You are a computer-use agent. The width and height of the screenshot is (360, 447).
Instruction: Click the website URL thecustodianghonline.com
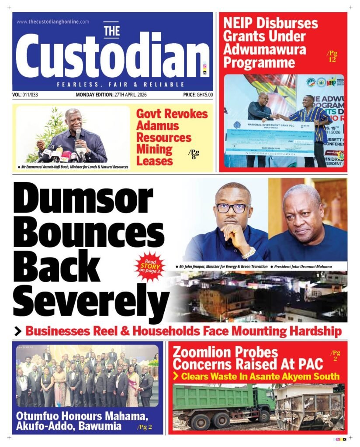[x=53, y=21]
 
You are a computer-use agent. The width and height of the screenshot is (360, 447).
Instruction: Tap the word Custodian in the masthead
[x=113, y=59]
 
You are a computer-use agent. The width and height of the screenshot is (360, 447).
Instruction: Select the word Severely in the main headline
[x=92, y=299]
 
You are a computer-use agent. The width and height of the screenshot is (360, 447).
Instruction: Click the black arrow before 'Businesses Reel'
[x=18, y=332]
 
